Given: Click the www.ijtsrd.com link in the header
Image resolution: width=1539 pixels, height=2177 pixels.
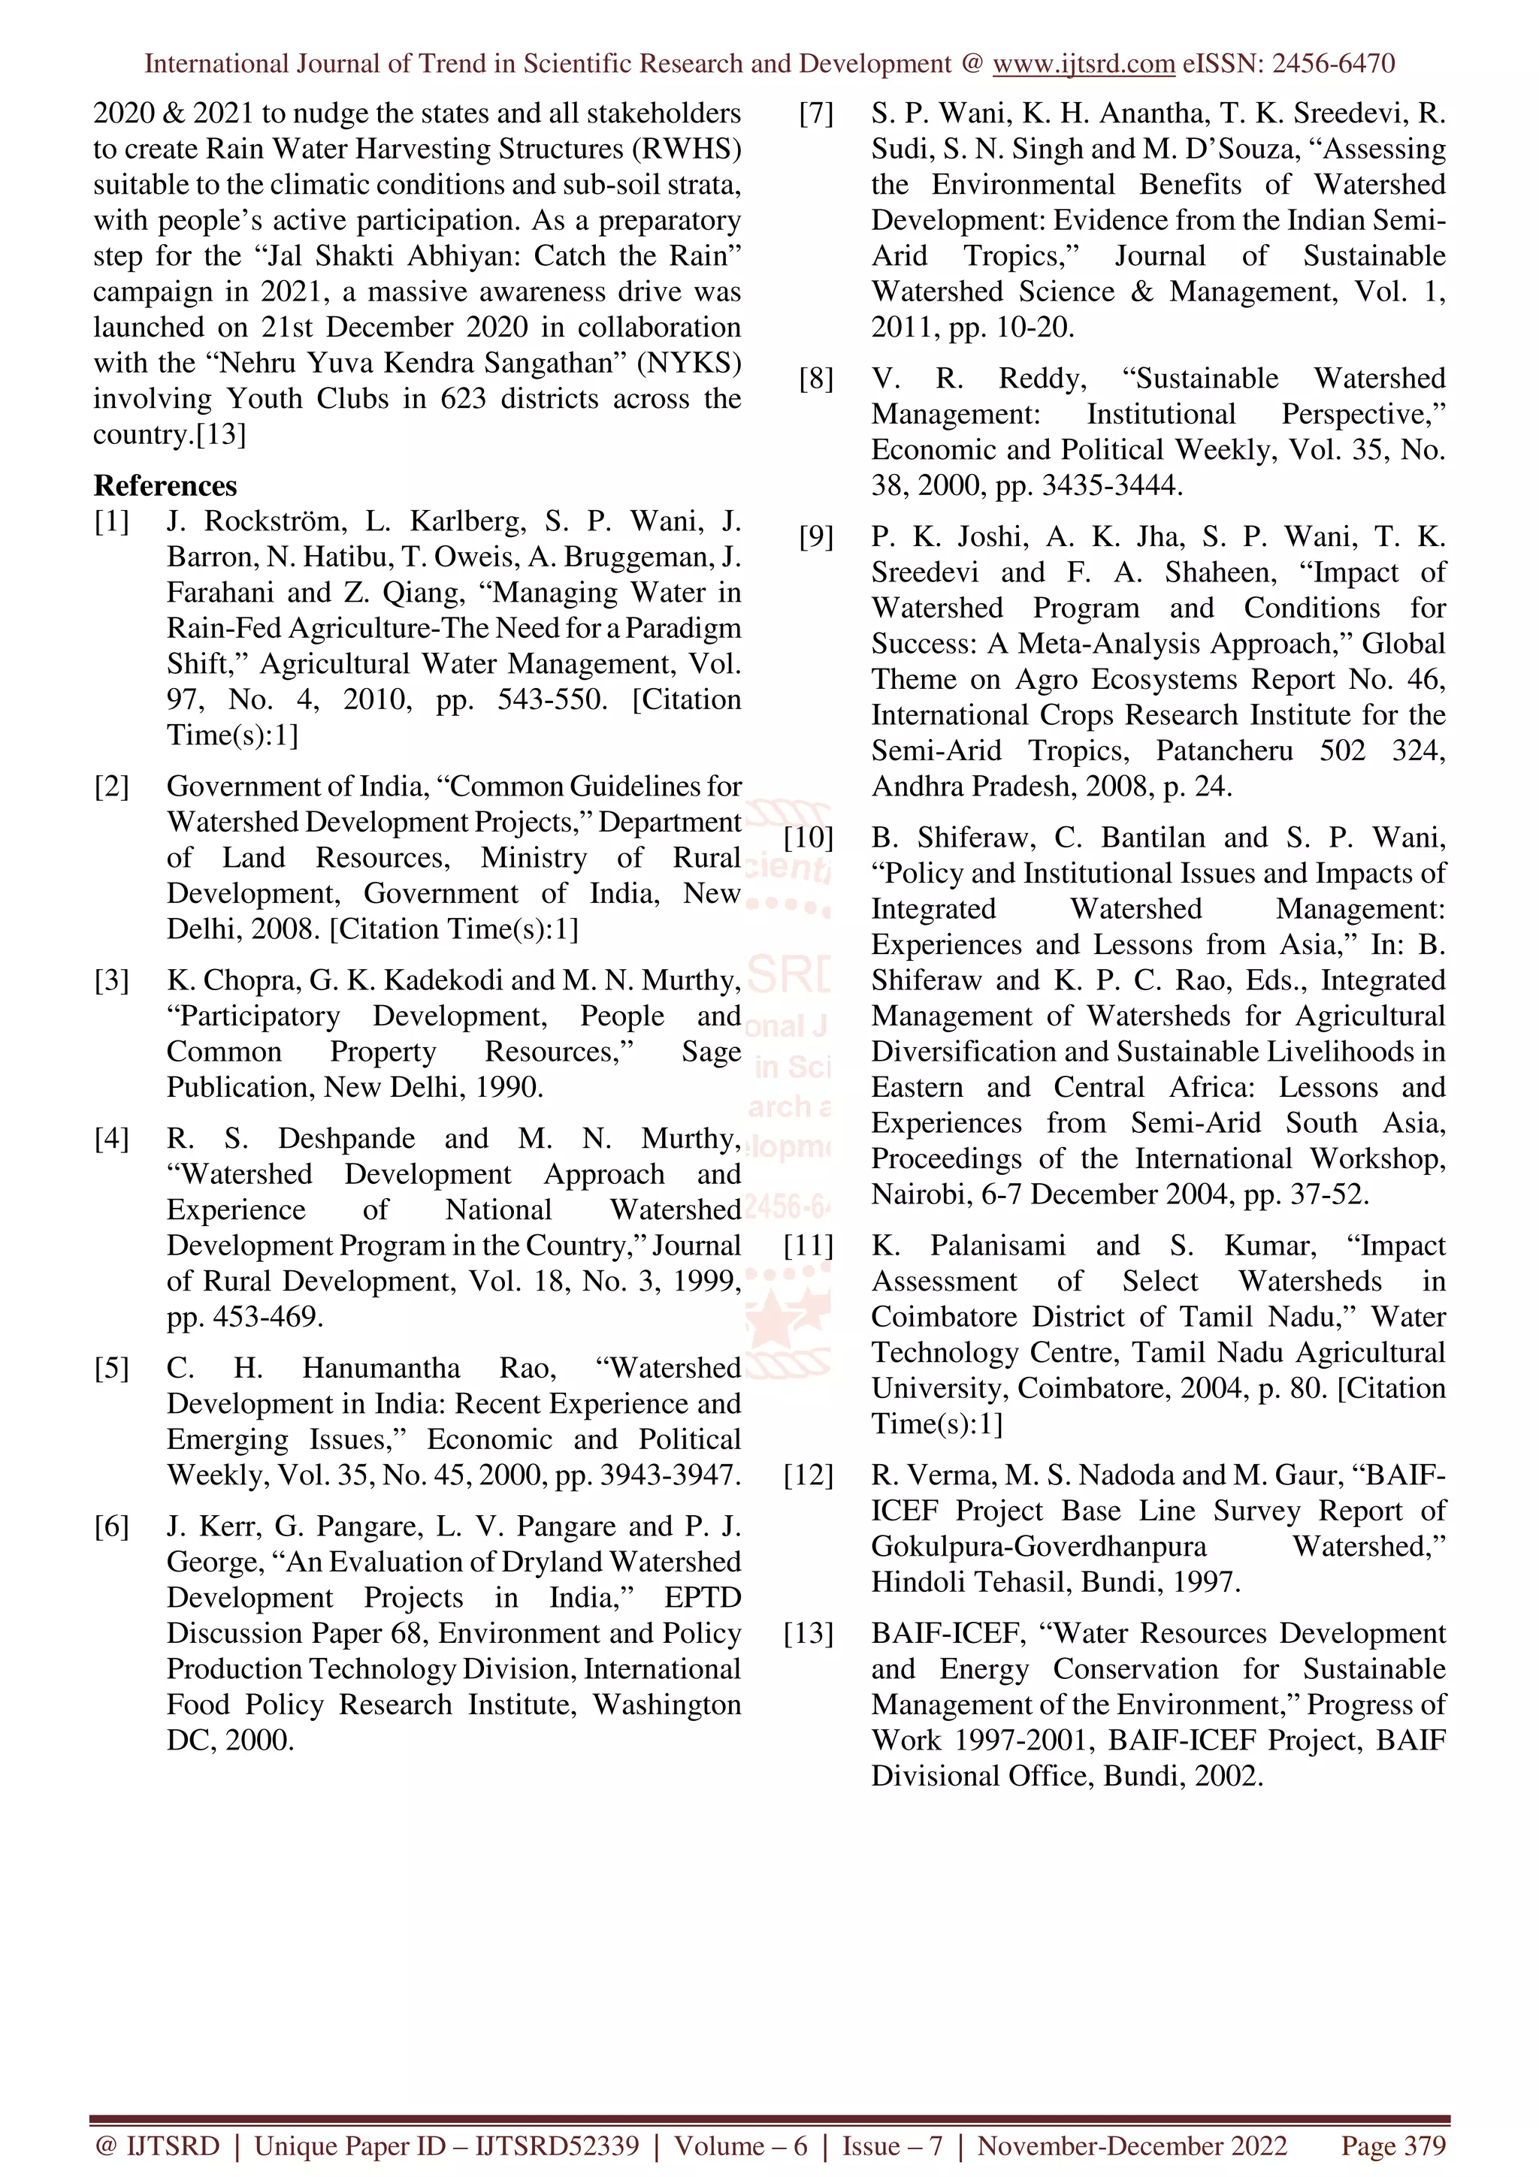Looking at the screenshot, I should click(1083, 65).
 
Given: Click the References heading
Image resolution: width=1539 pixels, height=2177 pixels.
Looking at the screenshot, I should click(165, 485).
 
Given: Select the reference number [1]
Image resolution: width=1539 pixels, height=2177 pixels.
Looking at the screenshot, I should click(111, 521).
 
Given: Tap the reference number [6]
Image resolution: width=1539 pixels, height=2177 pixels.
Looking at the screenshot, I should click(111, 1526).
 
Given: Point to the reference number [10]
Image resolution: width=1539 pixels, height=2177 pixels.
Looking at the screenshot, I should click(808, 838).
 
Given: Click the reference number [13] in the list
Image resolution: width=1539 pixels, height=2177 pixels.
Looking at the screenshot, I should click(808, 1634).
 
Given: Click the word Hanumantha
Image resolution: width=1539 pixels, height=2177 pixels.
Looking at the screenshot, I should click(381, 1368).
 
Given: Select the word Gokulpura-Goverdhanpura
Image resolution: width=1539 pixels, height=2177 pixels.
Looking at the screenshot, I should click(1039, 1547).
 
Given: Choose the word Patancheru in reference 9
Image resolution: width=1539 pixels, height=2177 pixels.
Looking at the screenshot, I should click(1223, 751).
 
